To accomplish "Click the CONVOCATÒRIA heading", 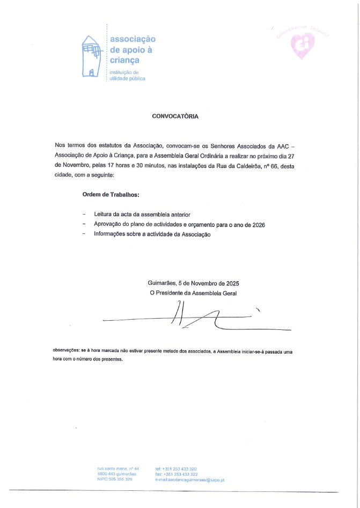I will (175, 115).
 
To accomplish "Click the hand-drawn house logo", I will (91, 56).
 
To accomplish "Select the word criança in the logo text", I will (124, 61).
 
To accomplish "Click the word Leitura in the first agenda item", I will (104, 214).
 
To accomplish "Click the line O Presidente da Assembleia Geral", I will (193, 293).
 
